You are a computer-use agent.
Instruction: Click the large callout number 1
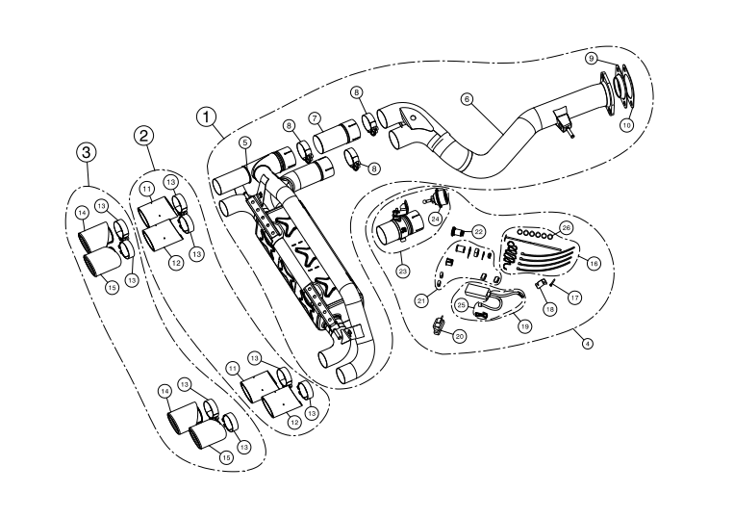[x=205, y=117]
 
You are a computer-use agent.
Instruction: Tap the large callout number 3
[x=87, y=151]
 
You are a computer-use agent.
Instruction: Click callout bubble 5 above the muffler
[x=245, y=142]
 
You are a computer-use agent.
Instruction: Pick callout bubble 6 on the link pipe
[x=467, y=98]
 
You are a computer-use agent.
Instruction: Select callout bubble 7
[x=314, y=118]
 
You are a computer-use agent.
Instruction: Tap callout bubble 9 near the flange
[x=592, y=59]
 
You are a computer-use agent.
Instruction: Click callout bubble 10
[x=626, y=125]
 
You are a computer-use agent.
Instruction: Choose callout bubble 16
[x=594, y=262]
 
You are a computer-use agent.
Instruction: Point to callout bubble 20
[x=460, y=335]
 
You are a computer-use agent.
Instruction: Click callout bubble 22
[x=478, y=231]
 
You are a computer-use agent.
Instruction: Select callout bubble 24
[x=435, y=220]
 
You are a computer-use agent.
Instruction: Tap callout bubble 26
[x=566, y=227]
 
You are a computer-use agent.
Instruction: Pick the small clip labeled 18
[x=542, y=286]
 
